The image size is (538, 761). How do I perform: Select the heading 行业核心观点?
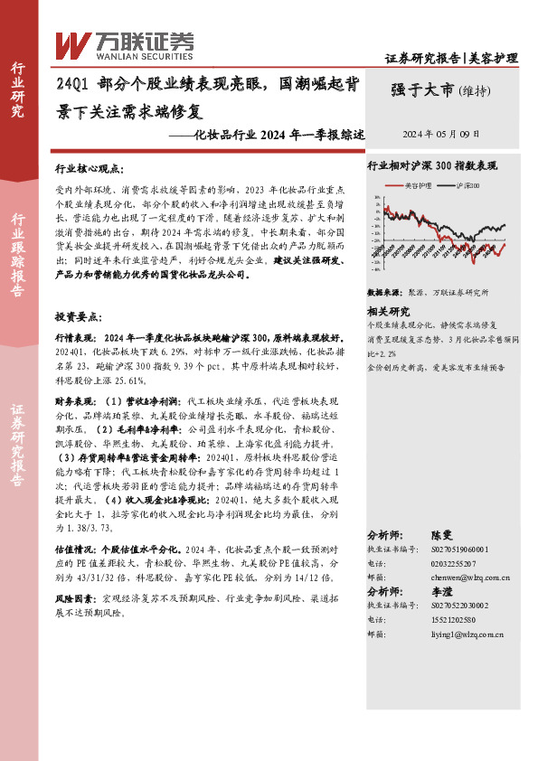point(89,169)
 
